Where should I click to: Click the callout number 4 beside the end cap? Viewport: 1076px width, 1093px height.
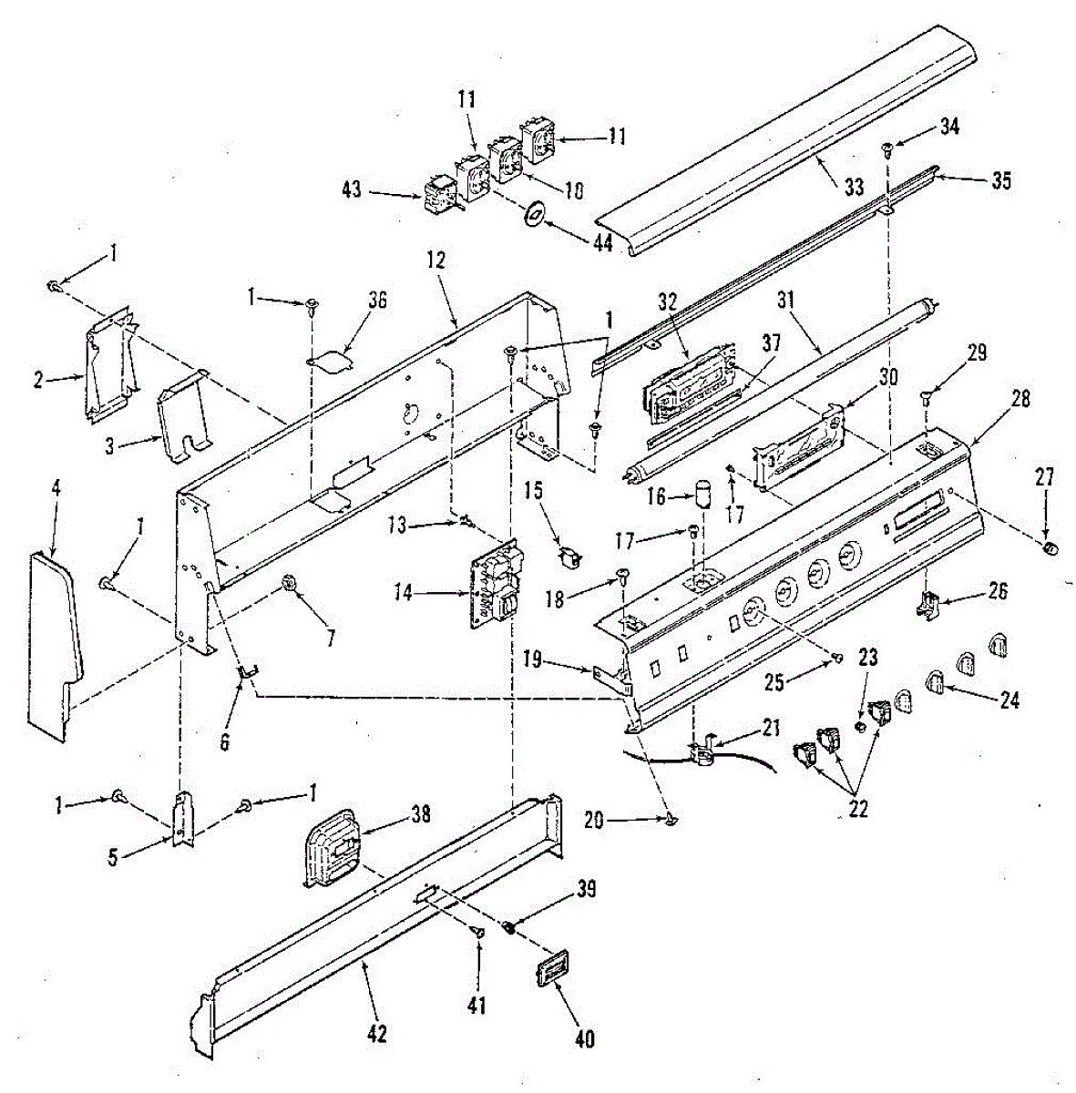[x=56, y=488]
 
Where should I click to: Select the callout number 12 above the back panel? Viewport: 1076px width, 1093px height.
[x=436, y=260]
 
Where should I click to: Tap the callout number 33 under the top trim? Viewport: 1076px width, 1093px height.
[x=854, y=189]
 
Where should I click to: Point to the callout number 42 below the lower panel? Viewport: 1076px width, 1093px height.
[x=377, y=1034]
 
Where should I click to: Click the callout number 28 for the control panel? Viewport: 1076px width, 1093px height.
[x=1020, y=398]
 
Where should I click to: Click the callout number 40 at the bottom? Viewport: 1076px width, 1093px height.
[x=586, y=1037]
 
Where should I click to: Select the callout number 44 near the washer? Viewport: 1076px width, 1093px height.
[x=600, y=247]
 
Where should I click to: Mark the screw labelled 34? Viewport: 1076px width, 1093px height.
[x=886, y=148]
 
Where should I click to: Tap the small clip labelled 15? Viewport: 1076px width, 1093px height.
[x=569, y=555]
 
